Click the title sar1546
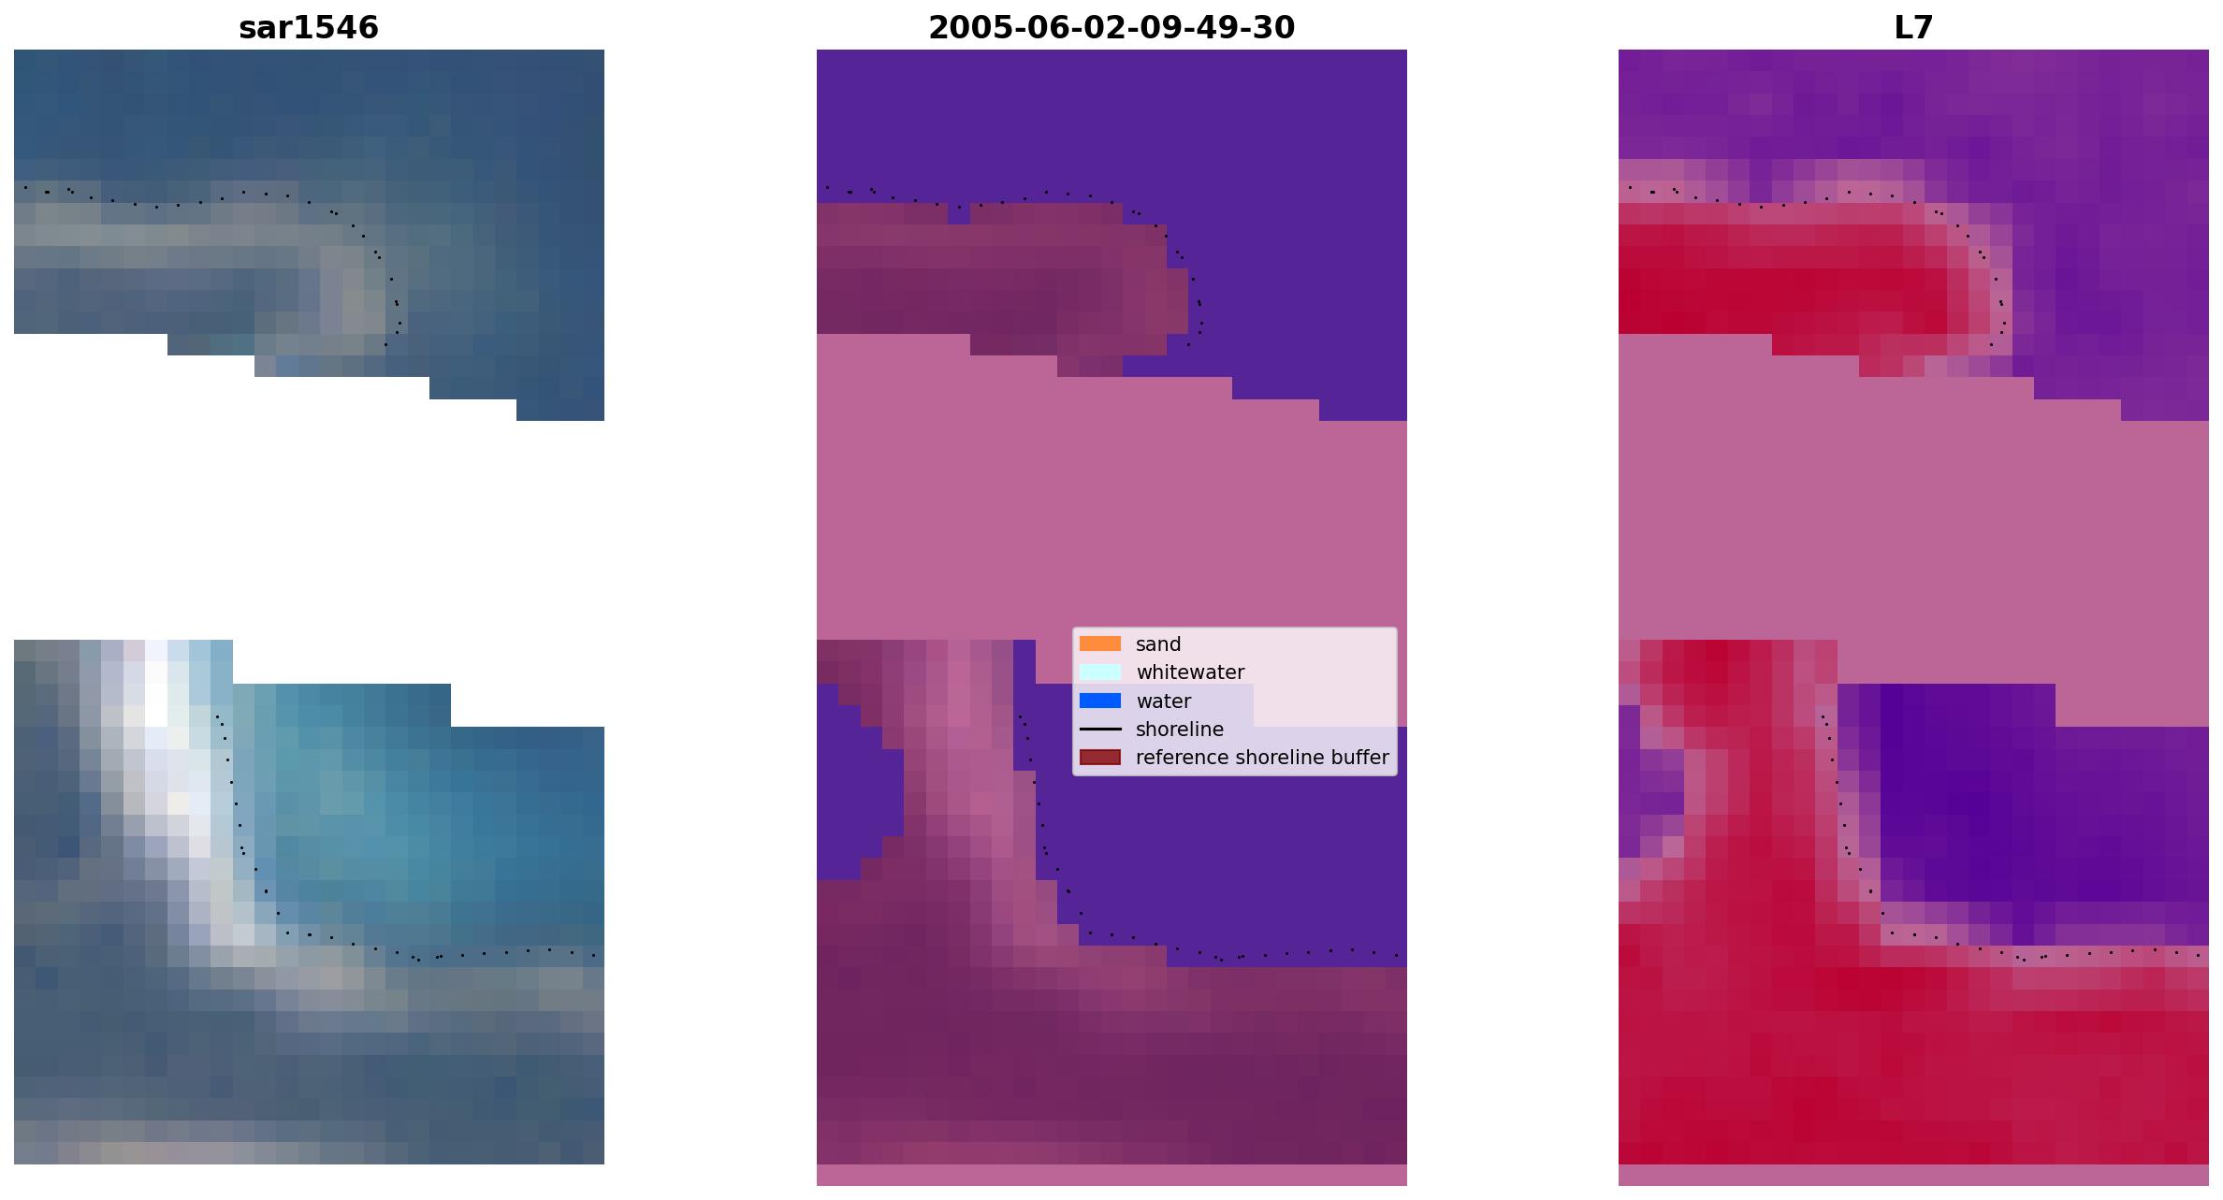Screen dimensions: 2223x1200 tap(309, 28)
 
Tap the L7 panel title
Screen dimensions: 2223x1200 tap(1913, 28)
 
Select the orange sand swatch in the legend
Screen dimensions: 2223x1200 tap(1100, 643)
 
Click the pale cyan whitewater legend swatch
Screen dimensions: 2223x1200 tap(1100, 672)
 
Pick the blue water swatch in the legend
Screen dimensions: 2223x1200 tap(1100, 701)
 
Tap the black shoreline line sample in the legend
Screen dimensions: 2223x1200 tap(1100, 729)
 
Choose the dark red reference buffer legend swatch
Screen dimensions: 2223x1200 tap(1100, 757)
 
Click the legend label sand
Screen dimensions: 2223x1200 tap(1158, 644)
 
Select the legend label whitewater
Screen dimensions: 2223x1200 tap(1190, 672)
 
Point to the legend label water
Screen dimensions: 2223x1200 tap(1163, 701)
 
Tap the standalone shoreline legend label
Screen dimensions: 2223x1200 tap(1180, 730)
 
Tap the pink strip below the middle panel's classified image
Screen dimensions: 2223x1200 tap(1111, 1175)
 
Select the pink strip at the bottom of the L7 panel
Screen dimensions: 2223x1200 tap(1913, 1175)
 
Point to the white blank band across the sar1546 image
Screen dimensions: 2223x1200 tap(309, 524)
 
